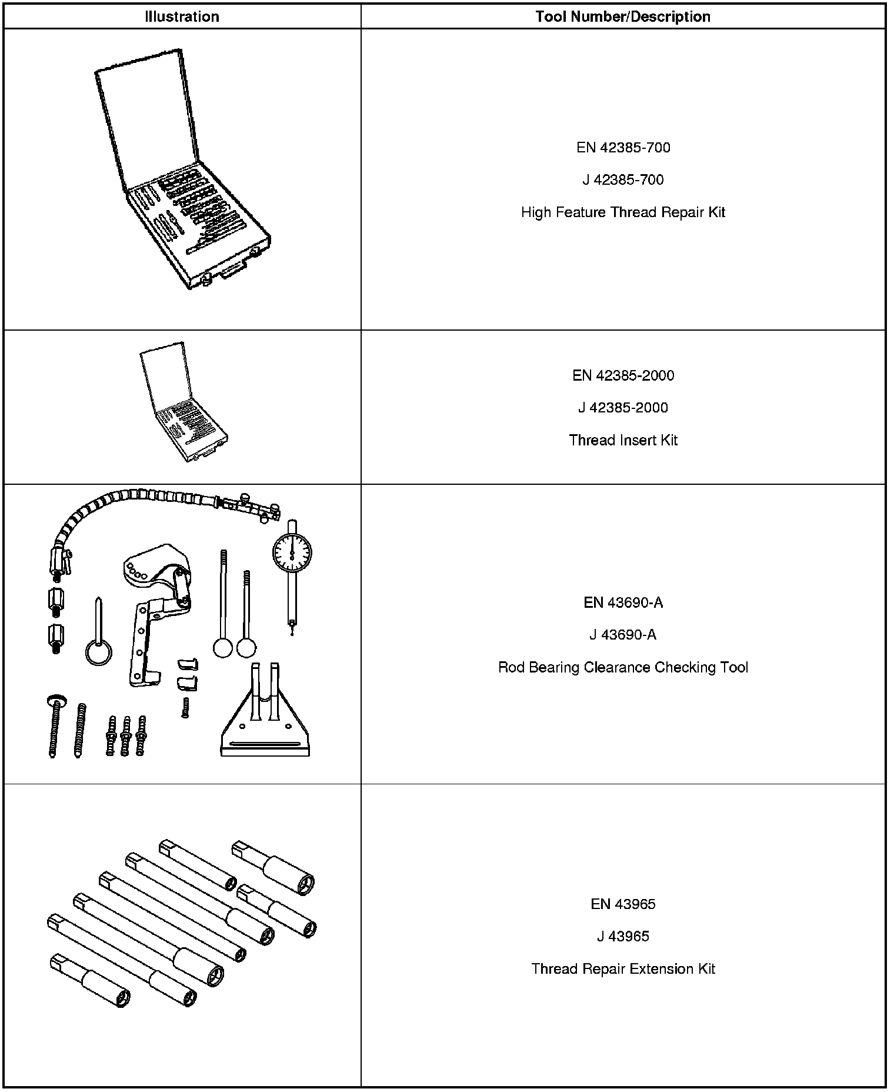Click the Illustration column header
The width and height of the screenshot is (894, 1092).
(182, 16)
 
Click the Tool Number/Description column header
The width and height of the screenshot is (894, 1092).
(623, 16)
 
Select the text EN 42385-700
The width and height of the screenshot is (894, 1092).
(623, 148)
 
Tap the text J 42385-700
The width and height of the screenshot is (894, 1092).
(623, 180)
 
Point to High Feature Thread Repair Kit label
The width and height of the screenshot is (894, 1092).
(623, 212)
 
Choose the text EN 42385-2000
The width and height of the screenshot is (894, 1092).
(623, 375)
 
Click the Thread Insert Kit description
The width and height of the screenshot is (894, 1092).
(623, 440)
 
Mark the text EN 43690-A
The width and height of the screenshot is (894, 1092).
(623, 602)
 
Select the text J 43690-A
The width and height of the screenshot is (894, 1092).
(623, 635)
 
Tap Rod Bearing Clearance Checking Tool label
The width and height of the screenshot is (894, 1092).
(623, 667)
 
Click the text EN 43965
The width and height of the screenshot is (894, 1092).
(623, 904)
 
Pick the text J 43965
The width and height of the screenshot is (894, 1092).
(623, 937)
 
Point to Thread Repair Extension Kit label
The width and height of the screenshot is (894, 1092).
(623, 969)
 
